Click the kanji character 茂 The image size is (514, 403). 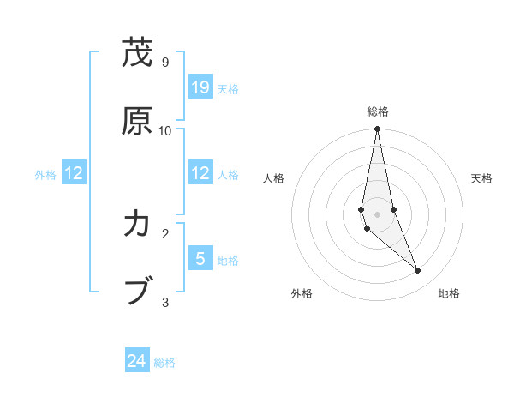point(137,53)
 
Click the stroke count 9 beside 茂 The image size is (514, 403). point(164,63)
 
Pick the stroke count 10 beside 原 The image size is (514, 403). point(165,130)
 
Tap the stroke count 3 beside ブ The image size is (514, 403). point(164,302)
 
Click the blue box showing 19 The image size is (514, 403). point(200,87)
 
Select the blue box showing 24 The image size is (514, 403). point(137,362)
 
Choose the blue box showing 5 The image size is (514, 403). point(200,258)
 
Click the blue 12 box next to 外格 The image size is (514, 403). point(74,173)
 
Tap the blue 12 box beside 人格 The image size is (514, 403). point(200,173)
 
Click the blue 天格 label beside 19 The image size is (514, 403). point(228,88)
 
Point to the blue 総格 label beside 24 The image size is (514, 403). point(164,363)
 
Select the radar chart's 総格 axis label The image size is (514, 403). point(378,111)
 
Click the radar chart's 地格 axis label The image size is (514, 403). point(449,294)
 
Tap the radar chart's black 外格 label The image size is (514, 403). point(302,294)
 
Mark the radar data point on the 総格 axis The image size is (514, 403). point(377,129)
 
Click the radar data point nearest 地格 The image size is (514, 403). point(418,271)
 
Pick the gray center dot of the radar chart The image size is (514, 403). point(377,214)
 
